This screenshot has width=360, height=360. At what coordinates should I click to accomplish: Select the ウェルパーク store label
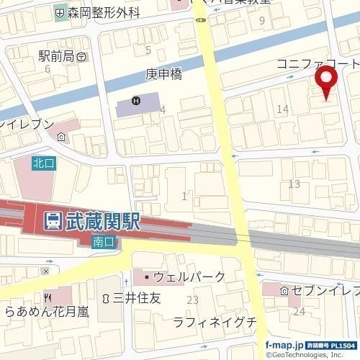coord(189,276)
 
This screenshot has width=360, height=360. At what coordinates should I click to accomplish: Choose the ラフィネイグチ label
coord(215,321)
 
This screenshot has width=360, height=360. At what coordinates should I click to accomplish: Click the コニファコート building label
coord(317,64)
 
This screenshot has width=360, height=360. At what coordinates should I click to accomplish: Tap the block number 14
coord(283,109)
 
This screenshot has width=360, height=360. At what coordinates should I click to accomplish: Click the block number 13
coord(294,184)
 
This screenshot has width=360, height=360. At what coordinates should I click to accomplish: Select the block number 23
coord(192,300)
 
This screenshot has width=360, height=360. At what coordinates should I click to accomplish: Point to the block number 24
coord(299,311)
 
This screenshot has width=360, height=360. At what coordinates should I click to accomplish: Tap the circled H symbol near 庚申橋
coord(135,100)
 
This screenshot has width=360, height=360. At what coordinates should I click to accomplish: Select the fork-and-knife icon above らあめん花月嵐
coord(48,297)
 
